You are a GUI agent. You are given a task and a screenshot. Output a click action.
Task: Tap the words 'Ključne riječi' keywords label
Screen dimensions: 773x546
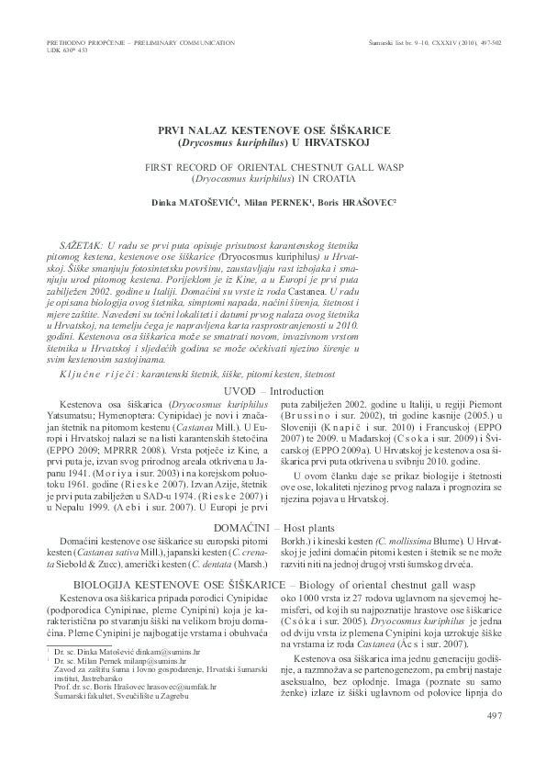tap(101, 376)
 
